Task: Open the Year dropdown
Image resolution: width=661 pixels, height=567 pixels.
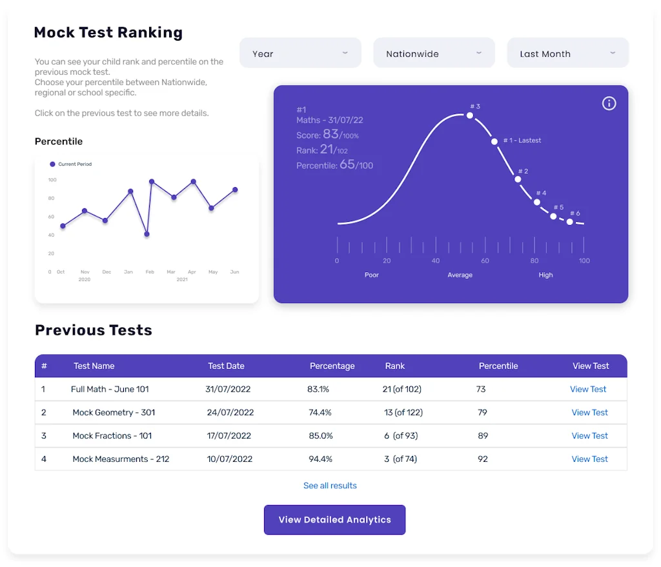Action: [300, 54]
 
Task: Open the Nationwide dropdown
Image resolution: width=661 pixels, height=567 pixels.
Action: [434, 54]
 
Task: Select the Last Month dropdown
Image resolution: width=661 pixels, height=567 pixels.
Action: [567, 54]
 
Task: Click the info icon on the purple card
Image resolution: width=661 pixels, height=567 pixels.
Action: [609, 104]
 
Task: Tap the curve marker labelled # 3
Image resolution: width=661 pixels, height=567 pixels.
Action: [470, 115]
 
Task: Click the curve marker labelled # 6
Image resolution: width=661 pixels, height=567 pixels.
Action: [570, 222]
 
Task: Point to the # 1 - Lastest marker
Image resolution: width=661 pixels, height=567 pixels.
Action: [494, 141]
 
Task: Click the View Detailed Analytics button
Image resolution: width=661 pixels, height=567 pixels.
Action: [334, 520]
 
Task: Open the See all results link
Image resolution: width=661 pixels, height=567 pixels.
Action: [330, 486]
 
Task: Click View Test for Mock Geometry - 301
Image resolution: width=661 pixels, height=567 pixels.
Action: [589, 413]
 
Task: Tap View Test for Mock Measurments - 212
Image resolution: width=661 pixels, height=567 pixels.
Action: [589, 459]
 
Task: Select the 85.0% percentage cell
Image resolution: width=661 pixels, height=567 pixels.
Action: [321, 436]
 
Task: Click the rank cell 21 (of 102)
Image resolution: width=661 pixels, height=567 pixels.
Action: [402, 390]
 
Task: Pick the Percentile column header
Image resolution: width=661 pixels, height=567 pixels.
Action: [498, 366]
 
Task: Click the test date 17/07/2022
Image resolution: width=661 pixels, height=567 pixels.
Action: [229, 436]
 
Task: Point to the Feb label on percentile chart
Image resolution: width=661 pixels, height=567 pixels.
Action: [150, 272]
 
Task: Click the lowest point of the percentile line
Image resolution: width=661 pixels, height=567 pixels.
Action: [147, 234]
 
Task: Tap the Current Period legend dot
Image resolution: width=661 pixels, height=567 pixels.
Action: [53, 164]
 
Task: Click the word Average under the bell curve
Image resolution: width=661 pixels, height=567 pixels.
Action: [460, 275]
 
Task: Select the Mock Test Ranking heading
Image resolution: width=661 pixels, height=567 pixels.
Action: [108, 32]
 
